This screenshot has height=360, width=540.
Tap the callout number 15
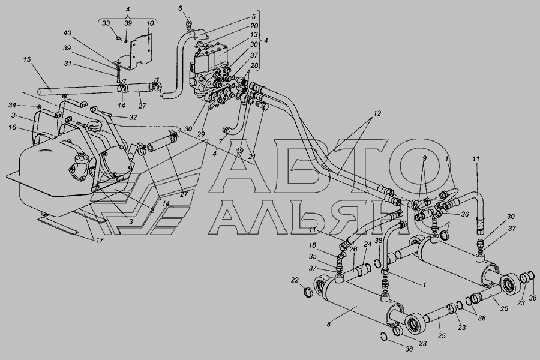tap(27, 59)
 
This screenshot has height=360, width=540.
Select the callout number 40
tap(67, 34)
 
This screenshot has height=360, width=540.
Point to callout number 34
tap(13, 105)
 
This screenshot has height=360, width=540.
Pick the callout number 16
tap(13, 127)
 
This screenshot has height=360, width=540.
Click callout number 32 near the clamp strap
tap(133, 117)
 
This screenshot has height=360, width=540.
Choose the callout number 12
tap(377, 113)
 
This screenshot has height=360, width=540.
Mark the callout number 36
tap(465, 214)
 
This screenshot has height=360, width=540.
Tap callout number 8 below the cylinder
tap(329, 324)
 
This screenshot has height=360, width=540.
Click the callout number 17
tap(100, 240)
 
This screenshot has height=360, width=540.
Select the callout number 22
tap(294, 280)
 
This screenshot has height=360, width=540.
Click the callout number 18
tap(312, 245)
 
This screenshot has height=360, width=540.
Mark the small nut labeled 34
tap(40, 106)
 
